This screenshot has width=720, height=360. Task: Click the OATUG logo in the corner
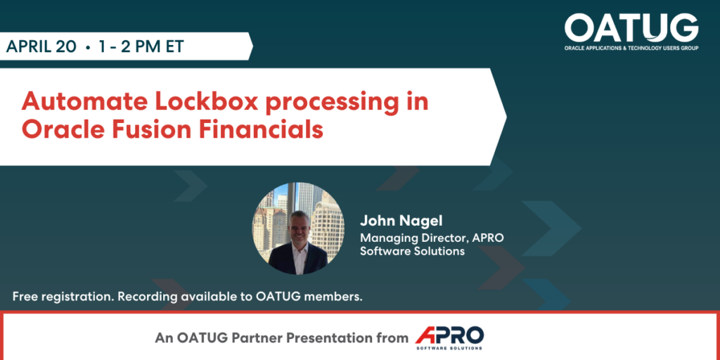coord(631,28)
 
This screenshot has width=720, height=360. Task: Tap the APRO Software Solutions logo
coord(449,337)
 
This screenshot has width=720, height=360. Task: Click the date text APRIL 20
coord(41,47)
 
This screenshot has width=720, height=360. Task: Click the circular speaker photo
coord(298,229)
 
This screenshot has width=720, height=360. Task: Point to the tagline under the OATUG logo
coord(631,49)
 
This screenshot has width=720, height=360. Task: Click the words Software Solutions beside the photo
coord(412,251)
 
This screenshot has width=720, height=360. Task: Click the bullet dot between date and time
coord(87,47)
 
